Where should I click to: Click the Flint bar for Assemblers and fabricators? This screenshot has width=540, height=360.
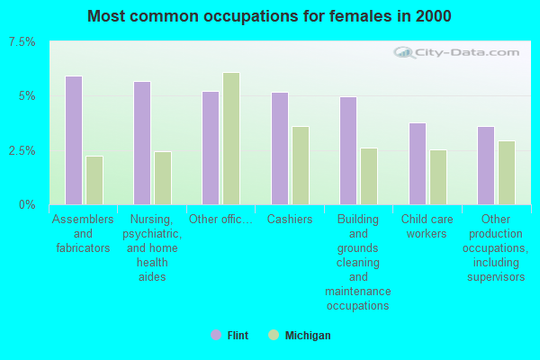[x=74, y=140]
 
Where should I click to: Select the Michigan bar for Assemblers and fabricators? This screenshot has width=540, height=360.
[x=94, y=180]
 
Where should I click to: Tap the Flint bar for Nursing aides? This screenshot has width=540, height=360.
[x=142, y=143]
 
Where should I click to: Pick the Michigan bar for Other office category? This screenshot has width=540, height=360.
[x=231, y=139]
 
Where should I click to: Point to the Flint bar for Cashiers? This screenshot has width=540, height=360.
[x=280, y=148]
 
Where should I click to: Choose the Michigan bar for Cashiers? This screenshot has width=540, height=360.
[x=301, y=166]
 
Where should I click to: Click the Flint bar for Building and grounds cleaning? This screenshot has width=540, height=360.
[x=348, y=150]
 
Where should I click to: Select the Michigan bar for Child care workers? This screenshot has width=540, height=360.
[x=438, y=177]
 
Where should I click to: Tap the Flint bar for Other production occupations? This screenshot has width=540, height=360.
[x=486, y=166]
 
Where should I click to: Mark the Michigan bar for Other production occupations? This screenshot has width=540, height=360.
[x=507, y=173]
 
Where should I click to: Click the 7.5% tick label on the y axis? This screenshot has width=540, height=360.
[x=22, y=42]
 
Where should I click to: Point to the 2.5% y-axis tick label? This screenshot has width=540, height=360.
[x=22, y=150]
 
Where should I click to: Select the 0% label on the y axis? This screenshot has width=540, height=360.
[x=27, y=204]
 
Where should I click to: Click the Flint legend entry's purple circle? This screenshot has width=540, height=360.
[x=216, y=335]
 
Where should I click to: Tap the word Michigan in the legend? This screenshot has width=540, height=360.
[x=308, y=335]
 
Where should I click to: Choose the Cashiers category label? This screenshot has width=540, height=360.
[x=290, y=219]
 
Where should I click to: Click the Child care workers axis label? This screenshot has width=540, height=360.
[x=427, y=226]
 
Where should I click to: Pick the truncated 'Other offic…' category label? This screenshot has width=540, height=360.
[x=220, y=219]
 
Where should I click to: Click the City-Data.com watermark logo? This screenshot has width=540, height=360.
[x=456, y=52]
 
